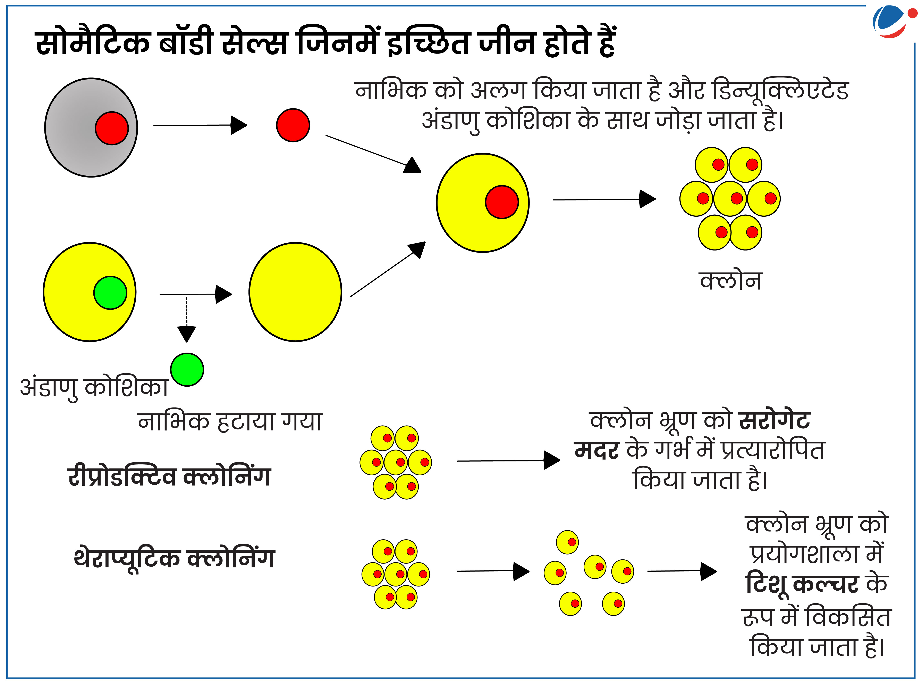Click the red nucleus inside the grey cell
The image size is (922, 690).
pos(112,128)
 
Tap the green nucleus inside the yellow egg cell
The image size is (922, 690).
pos(110,293)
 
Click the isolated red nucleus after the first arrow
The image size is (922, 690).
pos(293,125)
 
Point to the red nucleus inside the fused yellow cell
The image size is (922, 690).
pos(502,202)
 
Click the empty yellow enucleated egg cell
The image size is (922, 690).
pos(296,292)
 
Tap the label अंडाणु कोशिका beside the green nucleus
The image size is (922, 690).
pos(94,388)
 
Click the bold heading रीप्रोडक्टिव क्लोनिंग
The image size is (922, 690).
pos(169,476)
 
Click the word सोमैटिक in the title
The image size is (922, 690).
pos(93,43)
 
